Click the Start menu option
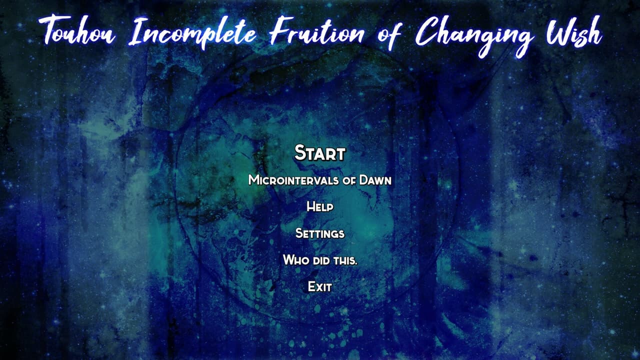tap(320, 152)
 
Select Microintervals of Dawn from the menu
tap(320, 180)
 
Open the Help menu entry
tap(320, 206)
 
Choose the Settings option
tap(320, 233)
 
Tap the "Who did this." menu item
tap(320, 259)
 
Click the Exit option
tap(320, 286)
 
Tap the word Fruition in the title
tap(317, 31)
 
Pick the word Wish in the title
tap(574, 32)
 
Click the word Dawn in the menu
tap(375, 180)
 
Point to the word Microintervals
tap(293, 180)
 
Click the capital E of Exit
tap(311, 286)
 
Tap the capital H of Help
tap(311, 206)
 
